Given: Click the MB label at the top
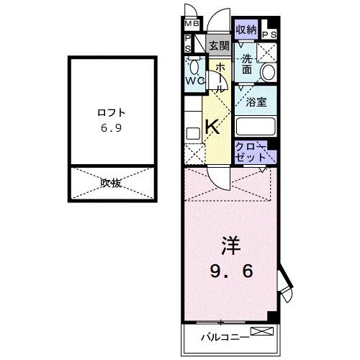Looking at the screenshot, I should pos(190,21).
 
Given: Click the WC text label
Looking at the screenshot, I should pos(195,80).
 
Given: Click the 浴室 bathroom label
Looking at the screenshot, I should pos(256,102).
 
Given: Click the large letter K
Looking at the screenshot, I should pos(212,127).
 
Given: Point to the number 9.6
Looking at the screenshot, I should pos(232,273).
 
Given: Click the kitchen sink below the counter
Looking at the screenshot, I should pos(192,133).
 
